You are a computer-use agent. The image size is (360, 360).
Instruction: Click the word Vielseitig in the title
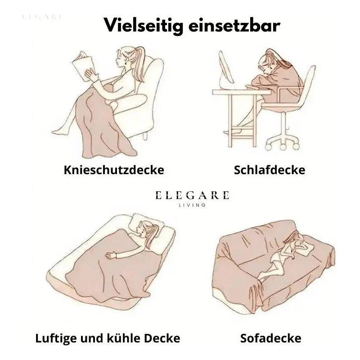pyautogui.click(x=143, y=26)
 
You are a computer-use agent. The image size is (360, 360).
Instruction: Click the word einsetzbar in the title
pyautogui.click(x=234, y=25)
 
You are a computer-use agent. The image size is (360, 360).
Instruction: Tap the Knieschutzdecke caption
pyautogui.click(x=114, y=170)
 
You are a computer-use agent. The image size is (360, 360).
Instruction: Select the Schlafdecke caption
pyautogui.click(x=270, y=170)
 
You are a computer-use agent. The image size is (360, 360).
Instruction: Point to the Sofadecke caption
pyautogui.click(x=271, y=338)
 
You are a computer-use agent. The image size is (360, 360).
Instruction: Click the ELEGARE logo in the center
pyautogui.click(x=193, y=195)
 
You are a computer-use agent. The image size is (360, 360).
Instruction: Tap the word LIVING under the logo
pyautogui.click(x=193, y=205)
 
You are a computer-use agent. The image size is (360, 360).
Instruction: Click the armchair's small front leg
pyautogui.click(x=144, y=136)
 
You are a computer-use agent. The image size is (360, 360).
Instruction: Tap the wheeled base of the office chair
pyautogui.click(x=283, y=141)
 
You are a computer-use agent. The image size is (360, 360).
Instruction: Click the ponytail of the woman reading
pyautogui.click(x=139, y=62)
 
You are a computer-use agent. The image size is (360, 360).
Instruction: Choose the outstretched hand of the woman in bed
pyautogui.click(x=111, y=255)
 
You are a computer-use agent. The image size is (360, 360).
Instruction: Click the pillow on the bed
pyautogui.click(x=145, y=224)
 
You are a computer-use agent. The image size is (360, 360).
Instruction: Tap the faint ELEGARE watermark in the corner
pyautogui.click(x=42, y=17)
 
